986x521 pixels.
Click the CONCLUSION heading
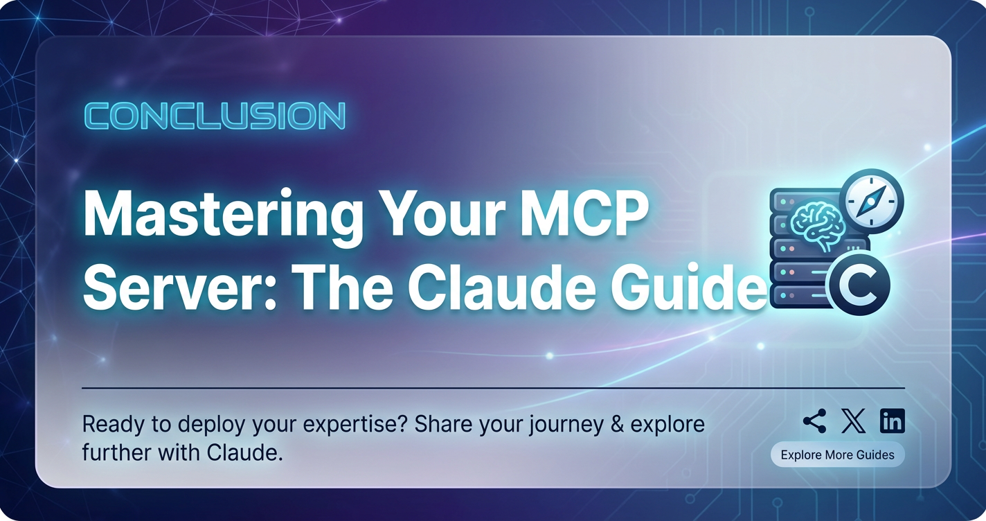click(215, 116)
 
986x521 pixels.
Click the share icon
click(815, 421)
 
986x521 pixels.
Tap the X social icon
click(853, 421)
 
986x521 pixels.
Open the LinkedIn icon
click(893, 421)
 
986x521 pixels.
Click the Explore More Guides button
click(838, 454)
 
